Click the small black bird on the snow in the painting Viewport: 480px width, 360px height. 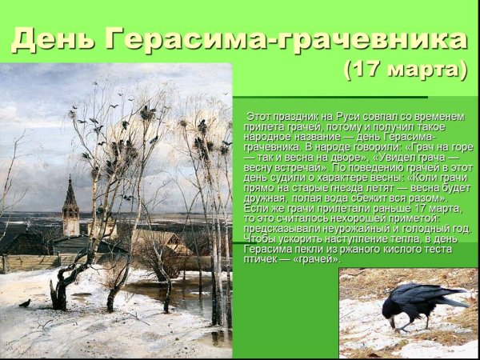click(x=25, y=303)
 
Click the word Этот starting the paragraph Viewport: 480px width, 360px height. click(x=261, y=117)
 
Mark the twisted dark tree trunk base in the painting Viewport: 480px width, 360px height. click(x=61, y=296)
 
